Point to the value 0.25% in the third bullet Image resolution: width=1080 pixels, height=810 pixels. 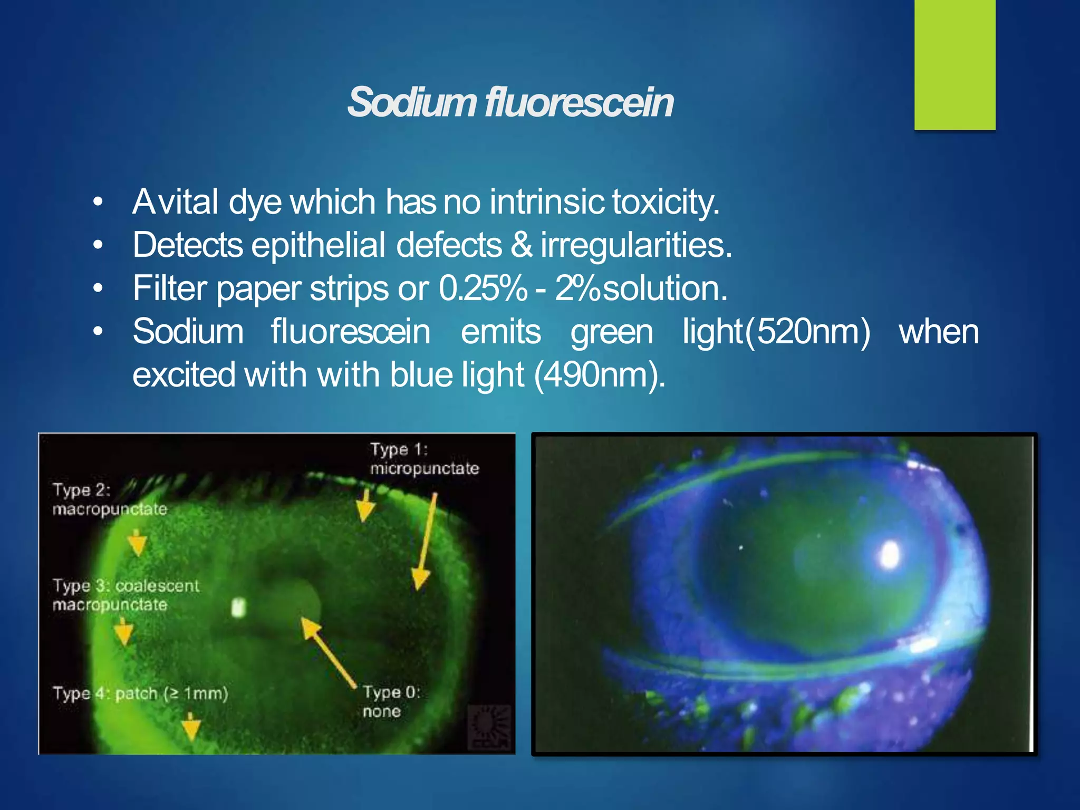482,288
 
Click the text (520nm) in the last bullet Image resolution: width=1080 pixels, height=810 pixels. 807,332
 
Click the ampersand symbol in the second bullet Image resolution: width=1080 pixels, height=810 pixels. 522,245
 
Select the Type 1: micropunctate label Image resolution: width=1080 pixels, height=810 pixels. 423,459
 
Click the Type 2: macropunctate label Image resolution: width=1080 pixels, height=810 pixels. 109,499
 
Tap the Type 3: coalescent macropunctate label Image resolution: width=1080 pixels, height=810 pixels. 126,595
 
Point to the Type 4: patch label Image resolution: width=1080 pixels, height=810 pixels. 140,693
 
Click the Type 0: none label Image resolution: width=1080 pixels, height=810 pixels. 390,701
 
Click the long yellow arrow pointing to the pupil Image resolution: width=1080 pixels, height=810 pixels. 328,652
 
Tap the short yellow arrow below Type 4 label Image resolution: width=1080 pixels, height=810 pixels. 191,728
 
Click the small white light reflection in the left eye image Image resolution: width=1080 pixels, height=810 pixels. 239,607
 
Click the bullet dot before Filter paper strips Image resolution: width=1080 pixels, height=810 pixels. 98,288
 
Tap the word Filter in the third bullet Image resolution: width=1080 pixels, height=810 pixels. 169,288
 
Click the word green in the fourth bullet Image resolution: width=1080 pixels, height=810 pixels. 612,332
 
